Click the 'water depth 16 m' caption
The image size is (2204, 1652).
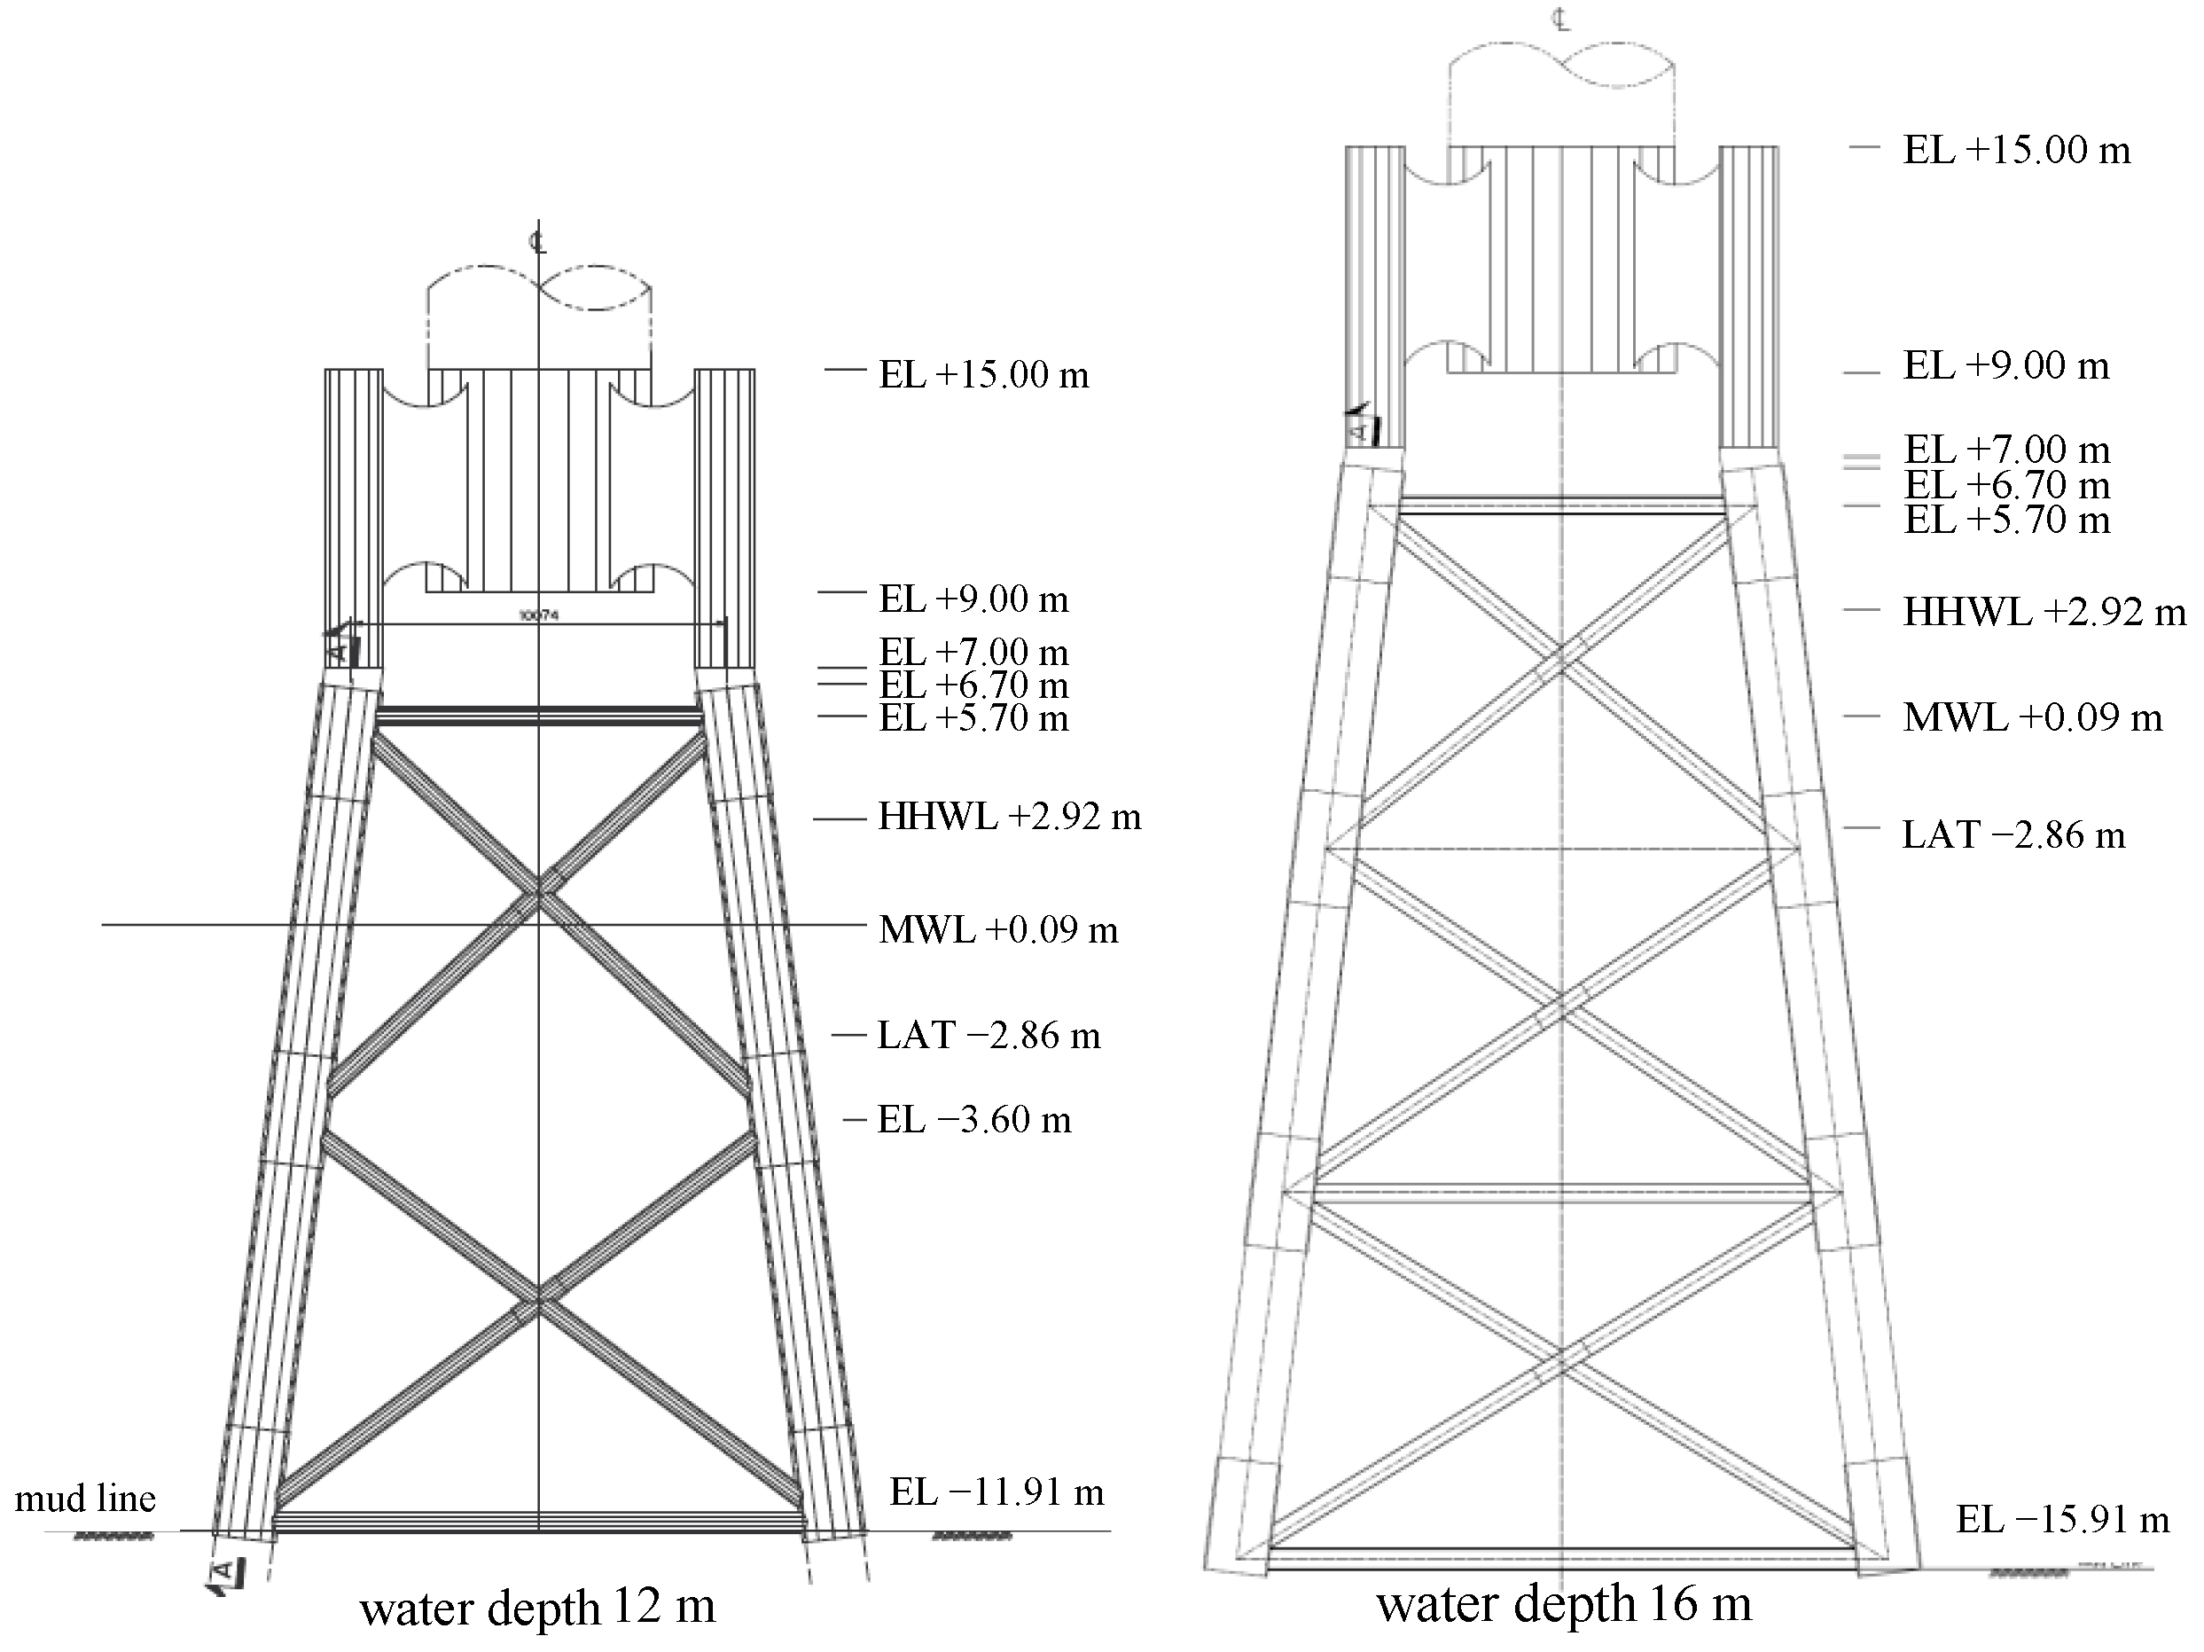pos(1563,1603)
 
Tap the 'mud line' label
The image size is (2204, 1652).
pos(85,1499)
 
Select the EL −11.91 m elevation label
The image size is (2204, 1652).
pos(996,1492)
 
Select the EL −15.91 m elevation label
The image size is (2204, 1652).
pos(2062,1520)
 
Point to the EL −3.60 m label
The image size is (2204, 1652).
pos(973,1120)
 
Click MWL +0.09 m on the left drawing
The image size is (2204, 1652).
pos(997,929)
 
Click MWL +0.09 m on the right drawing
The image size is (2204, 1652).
pos(2033,717)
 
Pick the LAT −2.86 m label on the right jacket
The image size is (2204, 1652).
pos(2013,834)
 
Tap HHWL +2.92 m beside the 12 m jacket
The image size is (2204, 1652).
pos(1008,817)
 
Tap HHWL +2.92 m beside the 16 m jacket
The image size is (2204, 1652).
pos(2044,612)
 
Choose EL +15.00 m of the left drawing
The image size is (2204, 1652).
pos(982,374)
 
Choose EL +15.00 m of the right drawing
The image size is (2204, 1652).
pos(2017,150)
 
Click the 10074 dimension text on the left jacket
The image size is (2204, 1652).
pos(538,615)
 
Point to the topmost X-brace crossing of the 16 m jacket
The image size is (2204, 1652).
pos(1561,662)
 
